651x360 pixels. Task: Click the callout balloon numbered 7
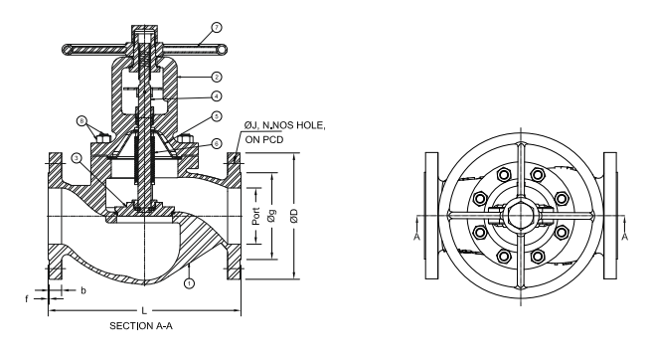tap(217, 28)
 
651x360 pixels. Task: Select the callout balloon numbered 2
tap(217, 77)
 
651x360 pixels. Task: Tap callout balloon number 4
tap(217, 96)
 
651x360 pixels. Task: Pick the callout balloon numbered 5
tap(217, 116)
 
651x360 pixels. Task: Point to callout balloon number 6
tap(217, 143)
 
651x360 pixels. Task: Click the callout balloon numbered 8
tap(82, 121)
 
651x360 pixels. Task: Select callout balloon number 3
tap(76, 158)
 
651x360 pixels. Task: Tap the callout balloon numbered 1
tap(189, 283)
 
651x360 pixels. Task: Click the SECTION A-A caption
tap(141, 326)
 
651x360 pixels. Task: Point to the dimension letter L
tap(144, 310)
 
